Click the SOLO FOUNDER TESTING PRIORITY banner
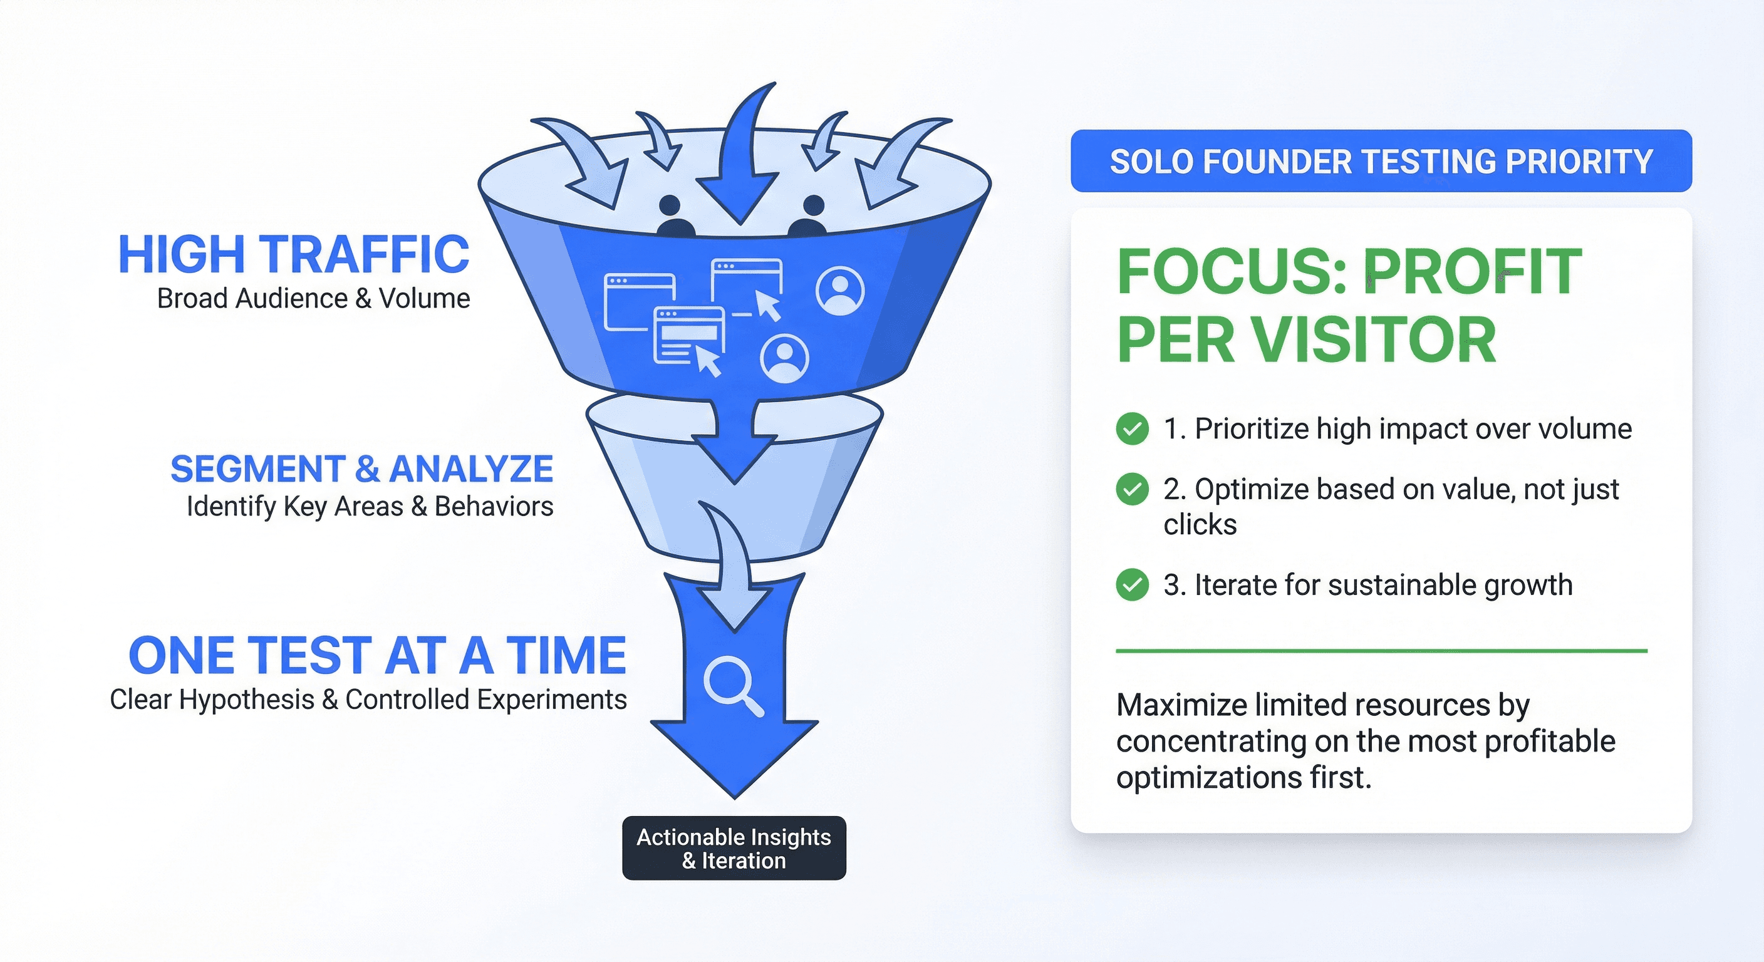[x=1381, y=161]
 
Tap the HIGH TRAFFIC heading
[x=294, y=255]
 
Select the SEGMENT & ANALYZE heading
[x=361, y=469]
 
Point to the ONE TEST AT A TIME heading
[x=377, y=655]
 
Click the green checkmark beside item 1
[x=1132, y=429]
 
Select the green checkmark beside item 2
[x=1132, y=490]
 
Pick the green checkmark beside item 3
[x=1132, y=585]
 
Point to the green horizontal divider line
[x=1381, y=651]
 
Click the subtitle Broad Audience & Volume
[x=314, y=299]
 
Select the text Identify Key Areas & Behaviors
[x=370, y=507]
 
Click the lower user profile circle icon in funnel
[x=785, y=358]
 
